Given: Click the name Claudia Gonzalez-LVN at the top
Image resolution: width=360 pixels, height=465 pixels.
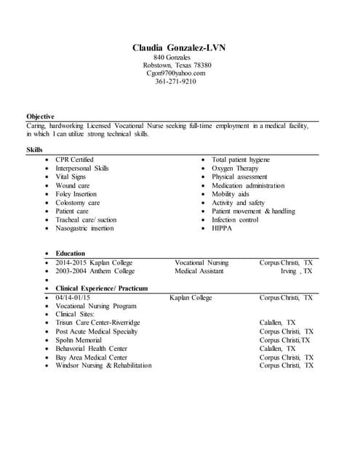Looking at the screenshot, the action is [179, 48].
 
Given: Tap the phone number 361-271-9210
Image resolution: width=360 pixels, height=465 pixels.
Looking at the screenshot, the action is [175, 81].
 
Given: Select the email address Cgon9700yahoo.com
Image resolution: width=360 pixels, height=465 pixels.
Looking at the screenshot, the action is [176, 73].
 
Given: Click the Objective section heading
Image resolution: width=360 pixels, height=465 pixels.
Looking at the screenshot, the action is [40, 116].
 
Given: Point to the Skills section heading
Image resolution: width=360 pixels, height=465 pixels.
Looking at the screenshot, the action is [34, 150].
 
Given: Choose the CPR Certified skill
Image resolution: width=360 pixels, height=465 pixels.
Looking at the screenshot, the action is [74, 159].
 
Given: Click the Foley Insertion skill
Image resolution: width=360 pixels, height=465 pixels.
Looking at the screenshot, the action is [76, 194].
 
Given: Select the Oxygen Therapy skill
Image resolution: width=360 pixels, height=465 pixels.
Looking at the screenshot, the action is [235, 168].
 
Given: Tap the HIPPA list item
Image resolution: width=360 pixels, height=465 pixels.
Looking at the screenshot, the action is [223, 228].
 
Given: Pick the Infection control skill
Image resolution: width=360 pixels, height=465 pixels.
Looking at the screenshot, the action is [235, 219].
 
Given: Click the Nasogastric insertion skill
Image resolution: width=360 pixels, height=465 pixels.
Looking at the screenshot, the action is [84, 228].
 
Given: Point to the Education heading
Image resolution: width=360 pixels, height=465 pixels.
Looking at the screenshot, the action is [71, 254].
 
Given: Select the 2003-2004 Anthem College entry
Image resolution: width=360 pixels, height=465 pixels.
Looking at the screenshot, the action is [95, 271].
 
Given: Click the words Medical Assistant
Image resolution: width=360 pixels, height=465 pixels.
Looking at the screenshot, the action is [199, 271].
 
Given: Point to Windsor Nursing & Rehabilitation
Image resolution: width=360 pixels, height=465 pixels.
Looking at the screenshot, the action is [103, 365].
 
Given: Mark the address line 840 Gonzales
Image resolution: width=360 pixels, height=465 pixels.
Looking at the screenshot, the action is [173, 57].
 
